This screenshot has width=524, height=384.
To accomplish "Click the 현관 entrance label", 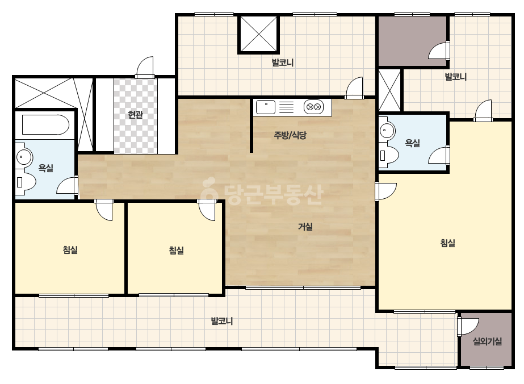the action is pyautogui.click(x=135, y=115).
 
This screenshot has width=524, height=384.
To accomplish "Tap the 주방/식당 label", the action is pyautogui.click(x=290, y=135).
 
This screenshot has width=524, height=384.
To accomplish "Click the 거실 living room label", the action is pyautogui.click(x=305, y=227).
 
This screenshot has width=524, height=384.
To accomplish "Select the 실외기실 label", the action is pyautogui.click(x=487, y=341).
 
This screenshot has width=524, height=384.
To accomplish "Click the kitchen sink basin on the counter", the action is pyautogui.click(x=266, y=107).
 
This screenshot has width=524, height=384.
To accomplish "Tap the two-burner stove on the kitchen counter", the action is pyautogui.click(x=313, y=107).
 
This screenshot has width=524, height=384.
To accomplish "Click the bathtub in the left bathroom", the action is pyautogui.click(x=45, y=125).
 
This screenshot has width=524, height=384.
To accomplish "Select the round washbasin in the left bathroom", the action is pyautogui.click(x=24, y=157).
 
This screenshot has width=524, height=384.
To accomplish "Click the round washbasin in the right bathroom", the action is pyautogui.click(x=387, y=129).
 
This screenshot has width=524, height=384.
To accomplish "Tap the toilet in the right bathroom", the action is pyautogui.click(x=389, y=156).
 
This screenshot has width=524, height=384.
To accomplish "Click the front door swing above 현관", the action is pyautogui.click(x=145, y=68).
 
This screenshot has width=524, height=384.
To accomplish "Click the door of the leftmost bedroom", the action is pyautogui.click(x=104, y=210).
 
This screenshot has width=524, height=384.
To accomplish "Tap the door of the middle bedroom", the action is pyautogui.click(x=207, y=210).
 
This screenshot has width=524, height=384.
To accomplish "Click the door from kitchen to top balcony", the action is pyautogui.click(x=354, y=88).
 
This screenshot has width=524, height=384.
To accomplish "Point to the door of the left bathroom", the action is pyautogui.click(x=67, y=185).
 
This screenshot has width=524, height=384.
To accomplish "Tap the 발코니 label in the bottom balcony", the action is pyautogui.click(x=221, y=321).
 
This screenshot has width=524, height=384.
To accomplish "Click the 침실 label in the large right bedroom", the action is pyautogui.click(x=447, y=243).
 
